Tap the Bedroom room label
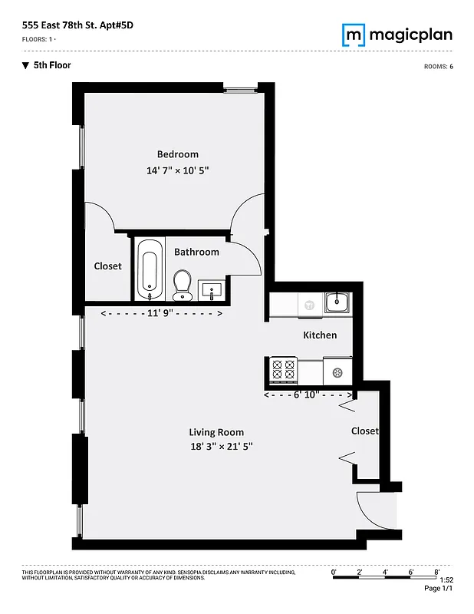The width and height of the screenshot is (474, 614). (178, 154)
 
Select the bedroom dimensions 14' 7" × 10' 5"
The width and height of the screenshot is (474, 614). (178, 170)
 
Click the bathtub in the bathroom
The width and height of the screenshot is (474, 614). (150, 269)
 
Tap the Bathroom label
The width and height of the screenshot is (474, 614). (196, 252)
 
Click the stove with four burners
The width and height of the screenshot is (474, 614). (283, 370)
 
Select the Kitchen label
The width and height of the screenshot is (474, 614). (320, 335)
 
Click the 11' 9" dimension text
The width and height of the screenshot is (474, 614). (161, 313)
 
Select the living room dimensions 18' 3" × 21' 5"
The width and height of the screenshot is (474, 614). (222, 447)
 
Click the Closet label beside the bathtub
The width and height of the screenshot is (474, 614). (107, 266)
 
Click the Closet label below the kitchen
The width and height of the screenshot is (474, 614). (364, 431)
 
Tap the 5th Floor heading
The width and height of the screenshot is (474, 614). (51, 65)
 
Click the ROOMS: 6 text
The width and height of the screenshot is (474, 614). (438, 67)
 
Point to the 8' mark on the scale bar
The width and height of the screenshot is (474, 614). (436, 573)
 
